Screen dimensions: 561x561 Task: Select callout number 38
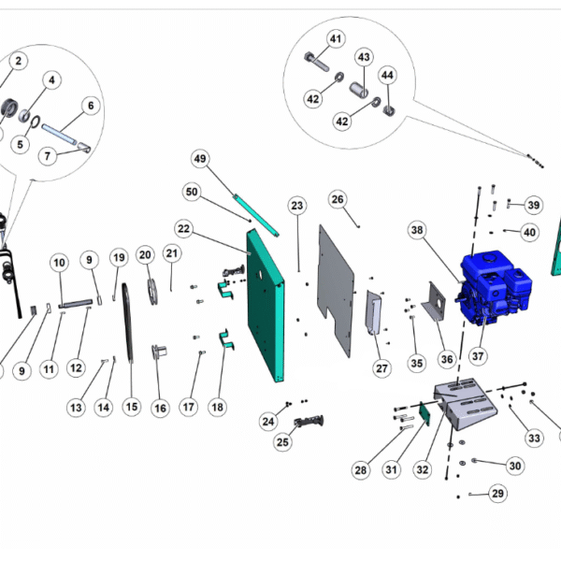(417, 230)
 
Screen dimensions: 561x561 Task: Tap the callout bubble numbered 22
(183, 228)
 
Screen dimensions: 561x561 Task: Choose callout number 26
(338, 199)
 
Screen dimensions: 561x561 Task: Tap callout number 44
(387, 74)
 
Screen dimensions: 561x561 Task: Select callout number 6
(91, 106)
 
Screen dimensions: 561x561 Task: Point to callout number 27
(381, 368)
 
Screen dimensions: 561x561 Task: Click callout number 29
(498, 493)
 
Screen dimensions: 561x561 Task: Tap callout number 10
(59, 263)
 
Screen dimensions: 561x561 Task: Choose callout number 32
(423, 469)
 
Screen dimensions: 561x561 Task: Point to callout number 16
(160, 408)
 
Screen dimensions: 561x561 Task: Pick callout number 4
(52, 81)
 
